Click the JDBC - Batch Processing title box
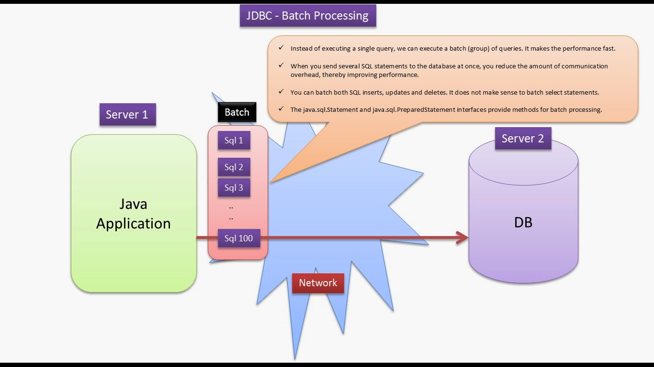pyautogui.click(x=307, y=16)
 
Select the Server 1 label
pyautogui.click(x=127, y=115)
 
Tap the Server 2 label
pyautogui.click(x=523, y=139)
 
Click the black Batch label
pyautogui.click(x=237, y=112)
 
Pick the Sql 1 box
pyautogui.click(x=234, y=140)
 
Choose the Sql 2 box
pyautogui.click(x=234, y=167)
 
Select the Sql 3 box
pyautogui.click(x=234, y=188)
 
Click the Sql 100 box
pyautogui.click(x=238, y=238)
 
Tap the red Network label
pyautogui.click(x=318, y=283)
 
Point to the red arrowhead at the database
pyautogui.click(x=462, y=238)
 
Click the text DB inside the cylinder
pyautogui.click(x=523, y=223)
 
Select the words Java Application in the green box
pyautogui.click(x=133, y=214)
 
